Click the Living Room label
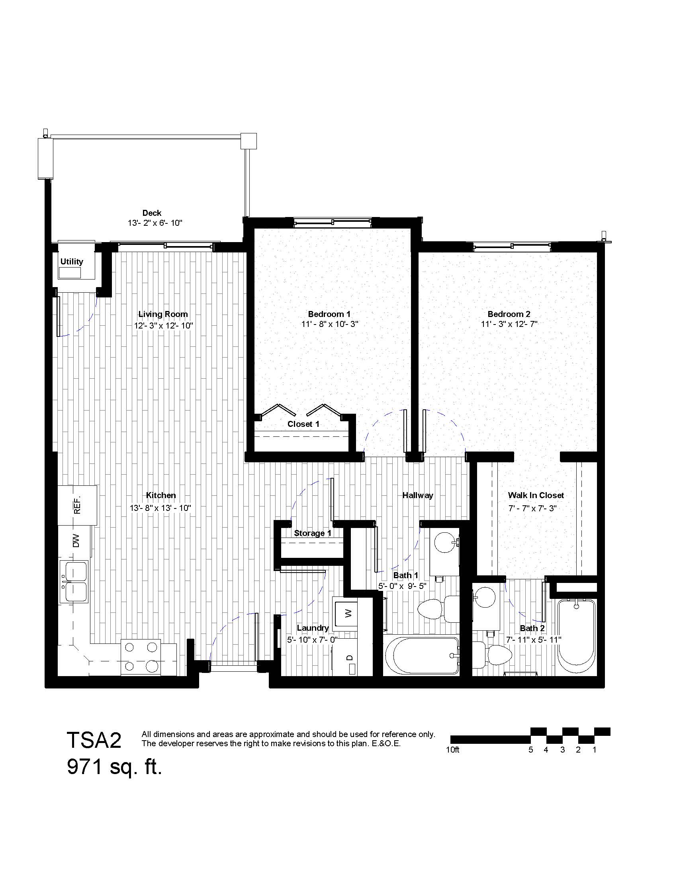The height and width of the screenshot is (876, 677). click(x=163, y=314)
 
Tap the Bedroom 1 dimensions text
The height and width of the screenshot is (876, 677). click(x=329, y=324)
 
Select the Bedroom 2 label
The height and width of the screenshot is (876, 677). click(x=509, y=314)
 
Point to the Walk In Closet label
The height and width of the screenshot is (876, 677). click(x=536, y=495)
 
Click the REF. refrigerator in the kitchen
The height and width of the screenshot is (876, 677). click(x=77, y=505)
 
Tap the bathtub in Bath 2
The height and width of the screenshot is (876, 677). click(x=576, y=637)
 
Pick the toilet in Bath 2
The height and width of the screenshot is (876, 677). click(x=493, y=653)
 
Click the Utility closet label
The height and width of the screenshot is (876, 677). click(x=72, y=262)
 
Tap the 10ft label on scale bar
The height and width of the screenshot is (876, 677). click(x=453, y=750)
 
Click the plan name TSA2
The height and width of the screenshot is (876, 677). click(x=94, y=740)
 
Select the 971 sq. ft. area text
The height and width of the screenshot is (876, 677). click(x=114, y=768)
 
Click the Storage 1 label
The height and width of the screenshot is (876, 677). click(x=313, y=533)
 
